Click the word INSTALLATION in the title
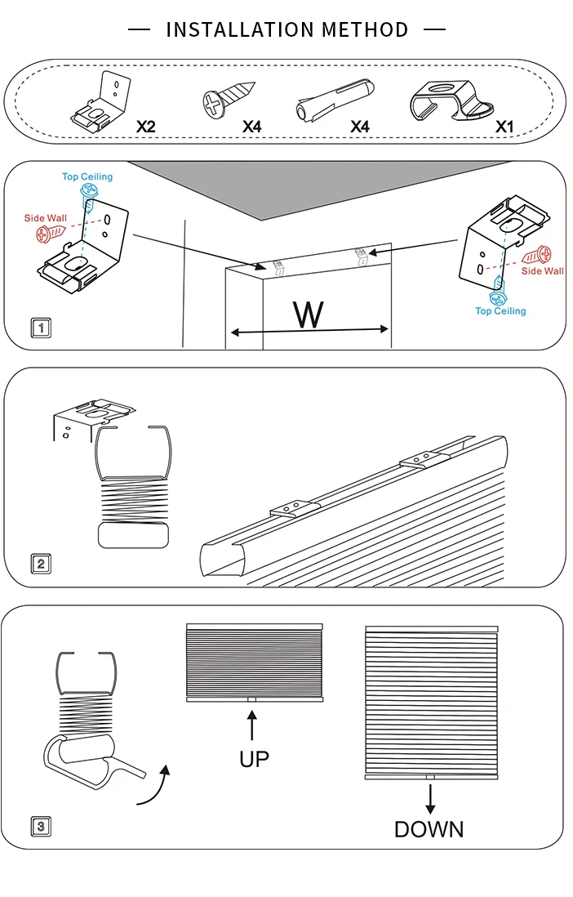(x=240, y=30)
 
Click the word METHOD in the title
(x=364, y=30)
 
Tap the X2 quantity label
(x=145, y=127)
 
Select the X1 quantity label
(x=505, y=127)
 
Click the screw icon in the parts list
(x=229, y=100)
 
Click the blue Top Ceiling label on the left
(x=87, y=176)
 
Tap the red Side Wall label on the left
(x=46, y=218)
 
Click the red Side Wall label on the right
(x=542, y=271)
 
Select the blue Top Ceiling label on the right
(x=500, y=311)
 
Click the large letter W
(x=308, y=315)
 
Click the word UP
(x=254, y=759)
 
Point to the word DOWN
(x=429, y=829)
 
